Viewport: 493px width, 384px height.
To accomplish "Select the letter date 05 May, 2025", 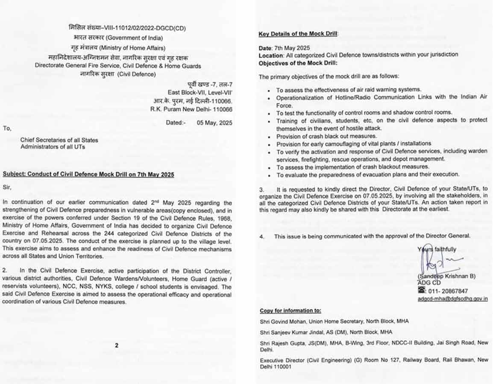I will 214,122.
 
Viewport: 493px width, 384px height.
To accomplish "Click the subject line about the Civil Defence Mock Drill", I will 88,175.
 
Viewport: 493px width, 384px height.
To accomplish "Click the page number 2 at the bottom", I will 116,346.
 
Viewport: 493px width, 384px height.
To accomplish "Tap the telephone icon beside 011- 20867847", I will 421,291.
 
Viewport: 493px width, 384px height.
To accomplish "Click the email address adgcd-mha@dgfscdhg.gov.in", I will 452,299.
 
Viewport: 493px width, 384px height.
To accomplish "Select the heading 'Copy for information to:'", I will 290,311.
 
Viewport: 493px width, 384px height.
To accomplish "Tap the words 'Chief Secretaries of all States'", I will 59,140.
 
